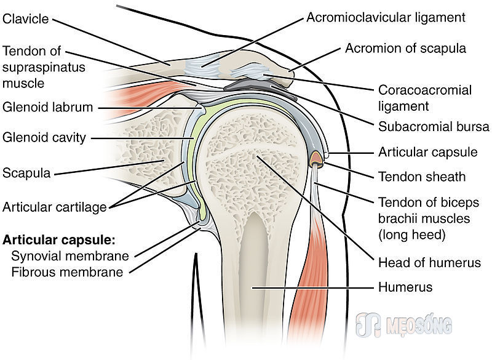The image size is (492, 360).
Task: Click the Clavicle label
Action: click(x=25, y=19)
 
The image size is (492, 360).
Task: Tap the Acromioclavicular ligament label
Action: click(x=386, y=18)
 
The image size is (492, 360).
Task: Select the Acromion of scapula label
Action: click(x=405, y=49)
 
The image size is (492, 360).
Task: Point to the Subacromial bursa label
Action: click(x=434, y=127)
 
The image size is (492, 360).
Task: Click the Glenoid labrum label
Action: click(x=48, y=107)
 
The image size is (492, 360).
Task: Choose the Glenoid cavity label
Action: click(x=44, y=137)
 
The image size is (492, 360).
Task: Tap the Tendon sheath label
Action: click(x=422, y=177)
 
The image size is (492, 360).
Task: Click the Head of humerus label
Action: click(x=429, y=262)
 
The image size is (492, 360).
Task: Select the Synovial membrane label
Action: click(x=70, y=256)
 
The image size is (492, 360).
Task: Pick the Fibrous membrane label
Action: click(x=67, y=272)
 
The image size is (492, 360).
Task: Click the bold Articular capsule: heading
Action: click(x=59, y=240)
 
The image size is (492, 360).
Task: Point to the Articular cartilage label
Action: click(x=55, y=207)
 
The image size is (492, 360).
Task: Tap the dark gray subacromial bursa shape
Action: click(x=260, y=88)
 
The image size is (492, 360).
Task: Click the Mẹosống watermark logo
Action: click(x=404, y=325)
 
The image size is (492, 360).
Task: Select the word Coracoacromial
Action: click(x=425, y=90)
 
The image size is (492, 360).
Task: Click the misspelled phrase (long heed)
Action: click(x=411, y=234)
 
